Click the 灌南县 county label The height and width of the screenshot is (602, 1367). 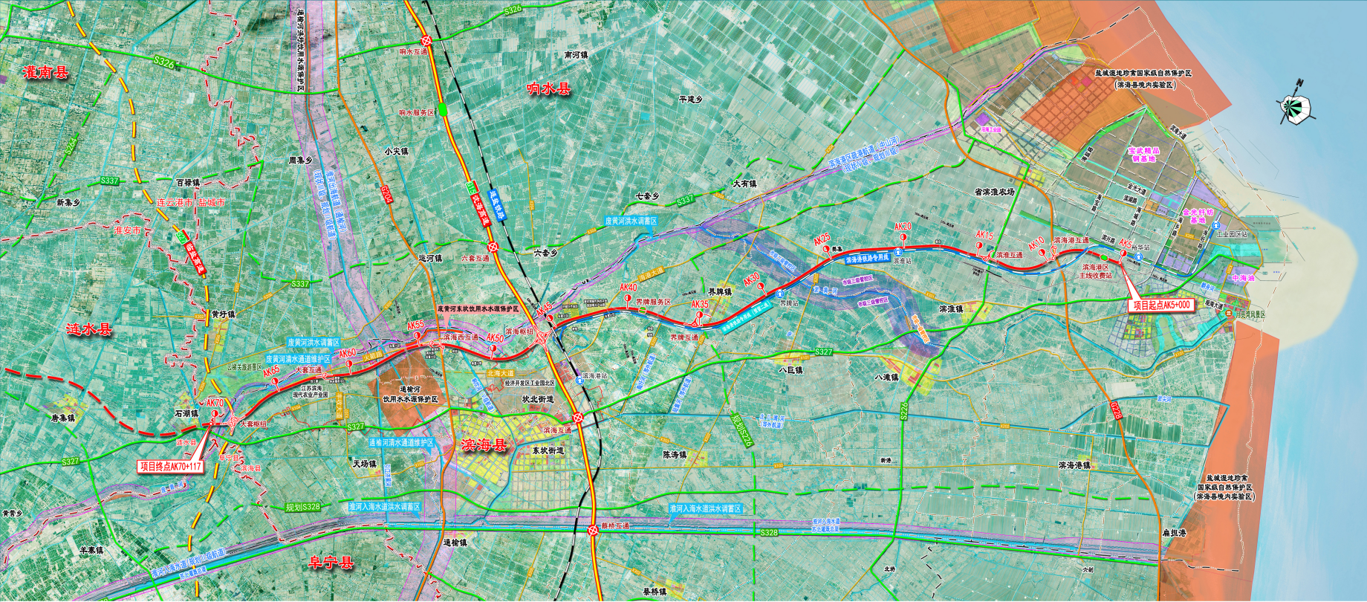pyautogui.click(x=45, y=73)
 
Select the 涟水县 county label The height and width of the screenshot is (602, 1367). pyautogui.click(x=89, y=329)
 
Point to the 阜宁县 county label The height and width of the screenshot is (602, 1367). pyautogui.click(x=331, y=563)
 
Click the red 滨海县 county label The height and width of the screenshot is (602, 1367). pyautogui.click(x=483, y=445)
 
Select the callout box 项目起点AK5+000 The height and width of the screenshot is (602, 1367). pyautogui.click(x=1160, y=305)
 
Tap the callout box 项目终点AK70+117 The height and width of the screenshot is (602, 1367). pyautogui.click(x=170, y=467)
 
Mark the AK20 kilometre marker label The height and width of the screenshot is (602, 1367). pyautogui.click(x=903, y=227)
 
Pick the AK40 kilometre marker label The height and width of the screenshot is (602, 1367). pyautogui.click(x=628, y=288)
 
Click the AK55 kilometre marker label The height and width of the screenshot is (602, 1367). pyautogui.click(x=415, y=326)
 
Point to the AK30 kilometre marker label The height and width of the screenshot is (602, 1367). pyautogui.click(x=751, y=278)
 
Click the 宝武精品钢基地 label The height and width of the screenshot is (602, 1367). pyautogui.click(x=1143, y=155)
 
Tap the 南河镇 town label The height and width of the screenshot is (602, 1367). pyautogui.click(x=575, y=56)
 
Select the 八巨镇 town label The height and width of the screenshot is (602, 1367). pyautogui.click(x=790, y=369)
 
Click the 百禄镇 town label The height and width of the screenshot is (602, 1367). pyautogui.click(x=188, y=182)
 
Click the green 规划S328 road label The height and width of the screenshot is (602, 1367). pyautogui.click(x=302, y=507)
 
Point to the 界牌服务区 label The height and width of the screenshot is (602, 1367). pyautogui.click(x=653, y=302)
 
